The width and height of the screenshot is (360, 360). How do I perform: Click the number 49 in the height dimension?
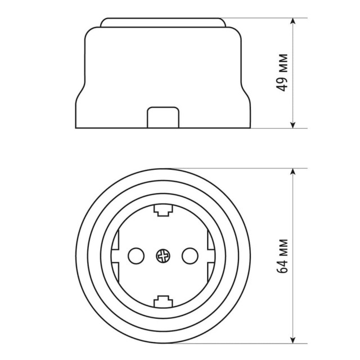[x=283, y=83]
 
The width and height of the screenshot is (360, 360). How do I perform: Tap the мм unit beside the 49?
[x=283, y=64]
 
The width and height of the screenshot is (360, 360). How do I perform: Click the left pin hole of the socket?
[x=136, y=256]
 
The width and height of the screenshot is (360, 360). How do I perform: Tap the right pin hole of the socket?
[x=189, y=256]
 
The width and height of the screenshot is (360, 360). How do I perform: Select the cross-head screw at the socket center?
[x=162, y=256]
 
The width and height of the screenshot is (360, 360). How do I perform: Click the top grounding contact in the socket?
[x=162, y=210]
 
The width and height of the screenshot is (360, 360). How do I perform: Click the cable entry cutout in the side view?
[x=162, y=118]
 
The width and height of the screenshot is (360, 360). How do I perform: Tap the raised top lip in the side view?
[x=162, y=22]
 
